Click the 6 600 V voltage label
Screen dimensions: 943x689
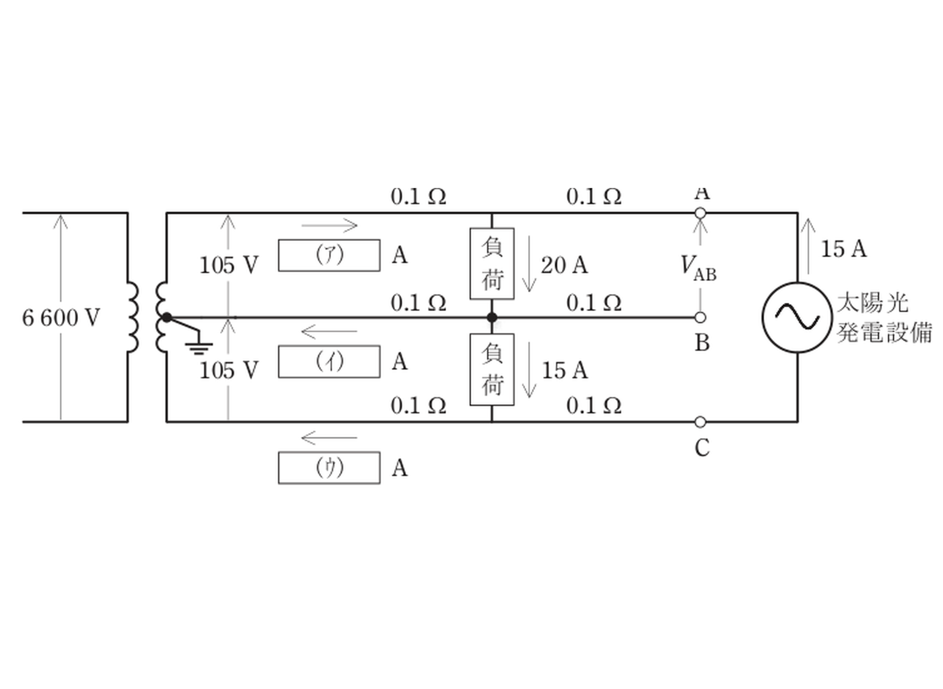(x=61, y=318)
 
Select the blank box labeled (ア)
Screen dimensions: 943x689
(x=329, y=255)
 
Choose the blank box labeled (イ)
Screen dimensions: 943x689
(x=329, y=362)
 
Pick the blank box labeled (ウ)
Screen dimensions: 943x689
(x=329, y=468)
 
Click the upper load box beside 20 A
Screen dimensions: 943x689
(x=492, y=263)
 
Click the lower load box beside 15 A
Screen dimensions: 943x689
(x=492, y=370)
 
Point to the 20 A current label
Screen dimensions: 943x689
(x=564, y=265)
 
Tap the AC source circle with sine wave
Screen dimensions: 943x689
(x=797, y=317)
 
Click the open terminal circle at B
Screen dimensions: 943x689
(x=700, y=317)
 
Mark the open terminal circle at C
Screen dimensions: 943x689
(x=700, y=422)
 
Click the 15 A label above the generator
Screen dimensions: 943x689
(x=844, y=249)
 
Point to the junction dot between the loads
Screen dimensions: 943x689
(x=492, y=317)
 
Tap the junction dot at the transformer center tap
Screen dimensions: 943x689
(x=167, y=317)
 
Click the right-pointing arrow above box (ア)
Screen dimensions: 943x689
(x=329, y=225)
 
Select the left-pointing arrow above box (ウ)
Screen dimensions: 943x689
(x=329, y=438)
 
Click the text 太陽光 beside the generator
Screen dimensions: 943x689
(x=872, y=303)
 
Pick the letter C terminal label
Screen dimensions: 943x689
(x=702, y=448)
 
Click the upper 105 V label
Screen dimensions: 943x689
(x=229, y=265)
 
